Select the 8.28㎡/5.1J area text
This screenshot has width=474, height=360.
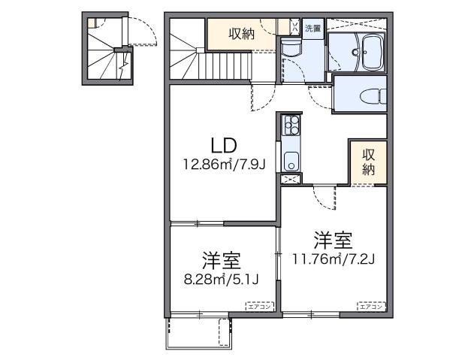221,281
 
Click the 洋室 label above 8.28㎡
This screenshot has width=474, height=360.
221,262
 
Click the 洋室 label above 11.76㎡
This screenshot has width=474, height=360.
334,241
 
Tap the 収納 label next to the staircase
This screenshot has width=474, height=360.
242,33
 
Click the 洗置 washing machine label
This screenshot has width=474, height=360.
312,29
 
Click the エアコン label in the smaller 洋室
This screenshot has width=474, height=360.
261,306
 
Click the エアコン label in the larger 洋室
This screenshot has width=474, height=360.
370,306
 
